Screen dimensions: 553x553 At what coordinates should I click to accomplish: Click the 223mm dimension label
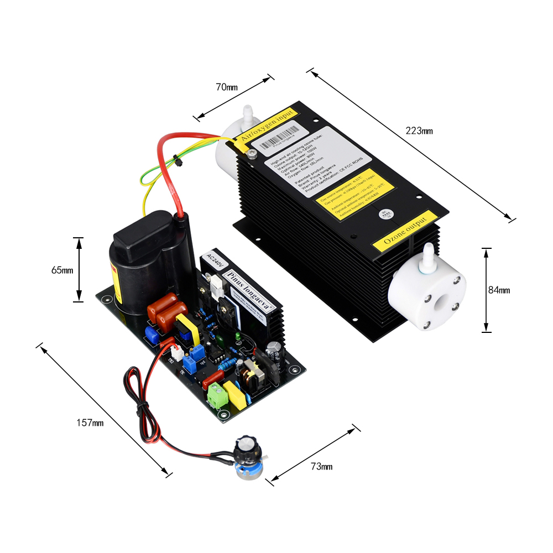pyautogui.click(x=419, y=131)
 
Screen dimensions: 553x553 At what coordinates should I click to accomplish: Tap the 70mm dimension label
pyautogui.click(x=227, y=87)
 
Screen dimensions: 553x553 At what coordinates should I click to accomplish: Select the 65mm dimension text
pyautogui.click(x=62, y=270)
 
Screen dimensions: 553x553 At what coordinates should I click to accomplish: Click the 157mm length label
pyautogui.click(x=90, y=422)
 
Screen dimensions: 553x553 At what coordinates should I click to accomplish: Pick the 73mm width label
pyautogui.click(x=321, y=466)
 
